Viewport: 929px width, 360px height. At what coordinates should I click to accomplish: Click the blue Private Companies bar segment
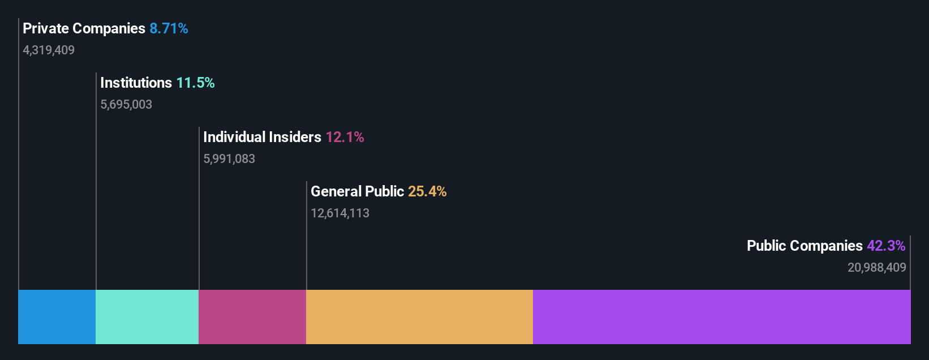coord(57,317)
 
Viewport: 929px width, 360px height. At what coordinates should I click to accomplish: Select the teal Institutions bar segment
coord(147,317)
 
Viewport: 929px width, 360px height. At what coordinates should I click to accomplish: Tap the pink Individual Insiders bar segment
coord(252,317)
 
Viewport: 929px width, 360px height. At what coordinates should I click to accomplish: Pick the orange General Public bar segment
coord(419,317)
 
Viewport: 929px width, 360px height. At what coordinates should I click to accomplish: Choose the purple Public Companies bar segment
coord(721,317)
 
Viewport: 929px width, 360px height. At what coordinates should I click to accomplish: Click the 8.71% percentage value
coord(169,28)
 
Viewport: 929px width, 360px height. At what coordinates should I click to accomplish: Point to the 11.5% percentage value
coord(195,83)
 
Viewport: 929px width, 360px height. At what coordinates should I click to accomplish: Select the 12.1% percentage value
coord(345,137)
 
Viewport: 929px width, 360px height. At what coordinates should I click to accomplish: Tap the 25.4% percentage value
coord(427,191)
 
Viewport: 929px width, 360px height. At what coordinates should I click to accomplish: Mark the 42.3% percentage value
coord(886,246)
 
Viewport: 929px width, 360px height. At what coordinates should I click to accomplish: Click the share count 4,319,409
coord(49,50)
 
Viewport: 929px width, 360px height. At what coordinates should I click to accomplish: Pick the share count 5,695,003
coord(126,105)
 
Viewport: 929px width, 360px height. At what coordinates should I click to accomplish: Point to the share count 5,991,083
coord(229,159)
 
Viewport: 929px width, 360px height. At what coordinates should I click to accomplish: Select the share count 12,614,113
coord(340,213)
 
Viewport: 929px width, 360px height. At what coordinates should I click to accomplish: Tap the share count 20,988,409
coord(876,268)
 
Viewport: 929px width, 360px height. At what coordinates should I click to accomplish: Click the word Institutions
coord(136,83)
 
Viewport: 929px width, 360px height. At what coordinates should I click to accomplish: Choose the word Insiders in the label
coord(295,137)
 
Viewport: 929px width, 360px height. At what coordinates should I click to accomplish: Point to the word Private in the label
coord(45,28)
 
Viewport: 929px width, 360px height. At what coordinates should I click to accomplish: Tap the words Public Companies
coord(805,246)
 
